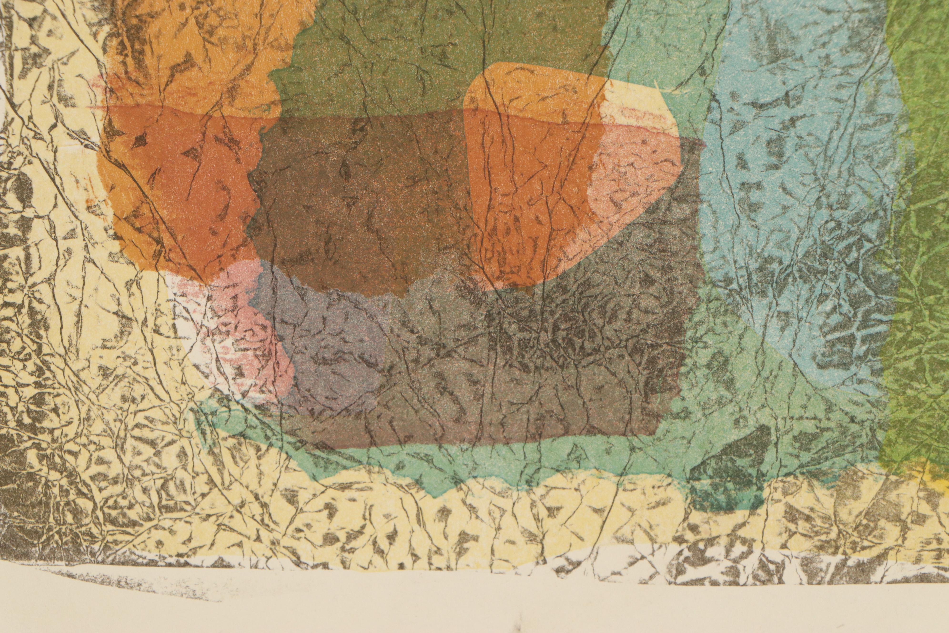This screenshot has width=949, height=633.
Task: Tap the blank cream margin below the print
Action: pyautogui.click(x=484, y=606)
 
